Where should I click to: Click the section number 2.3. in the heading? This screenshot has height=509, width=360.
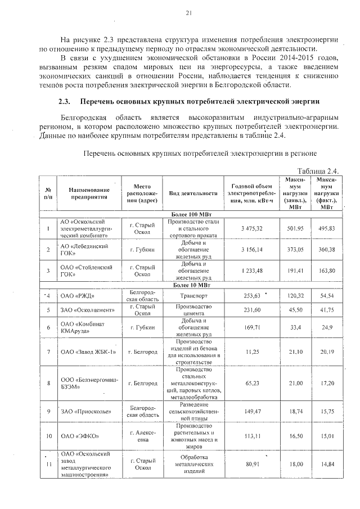pyautogui.click(x=66, y=102)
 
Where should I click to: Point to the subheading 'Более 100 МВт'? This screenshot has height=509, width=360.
pyautogui.click(x=192, y=215)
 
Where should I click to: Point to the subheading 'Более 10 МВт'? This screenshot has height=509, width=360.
pyautogui.click(x=192, y=285)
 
